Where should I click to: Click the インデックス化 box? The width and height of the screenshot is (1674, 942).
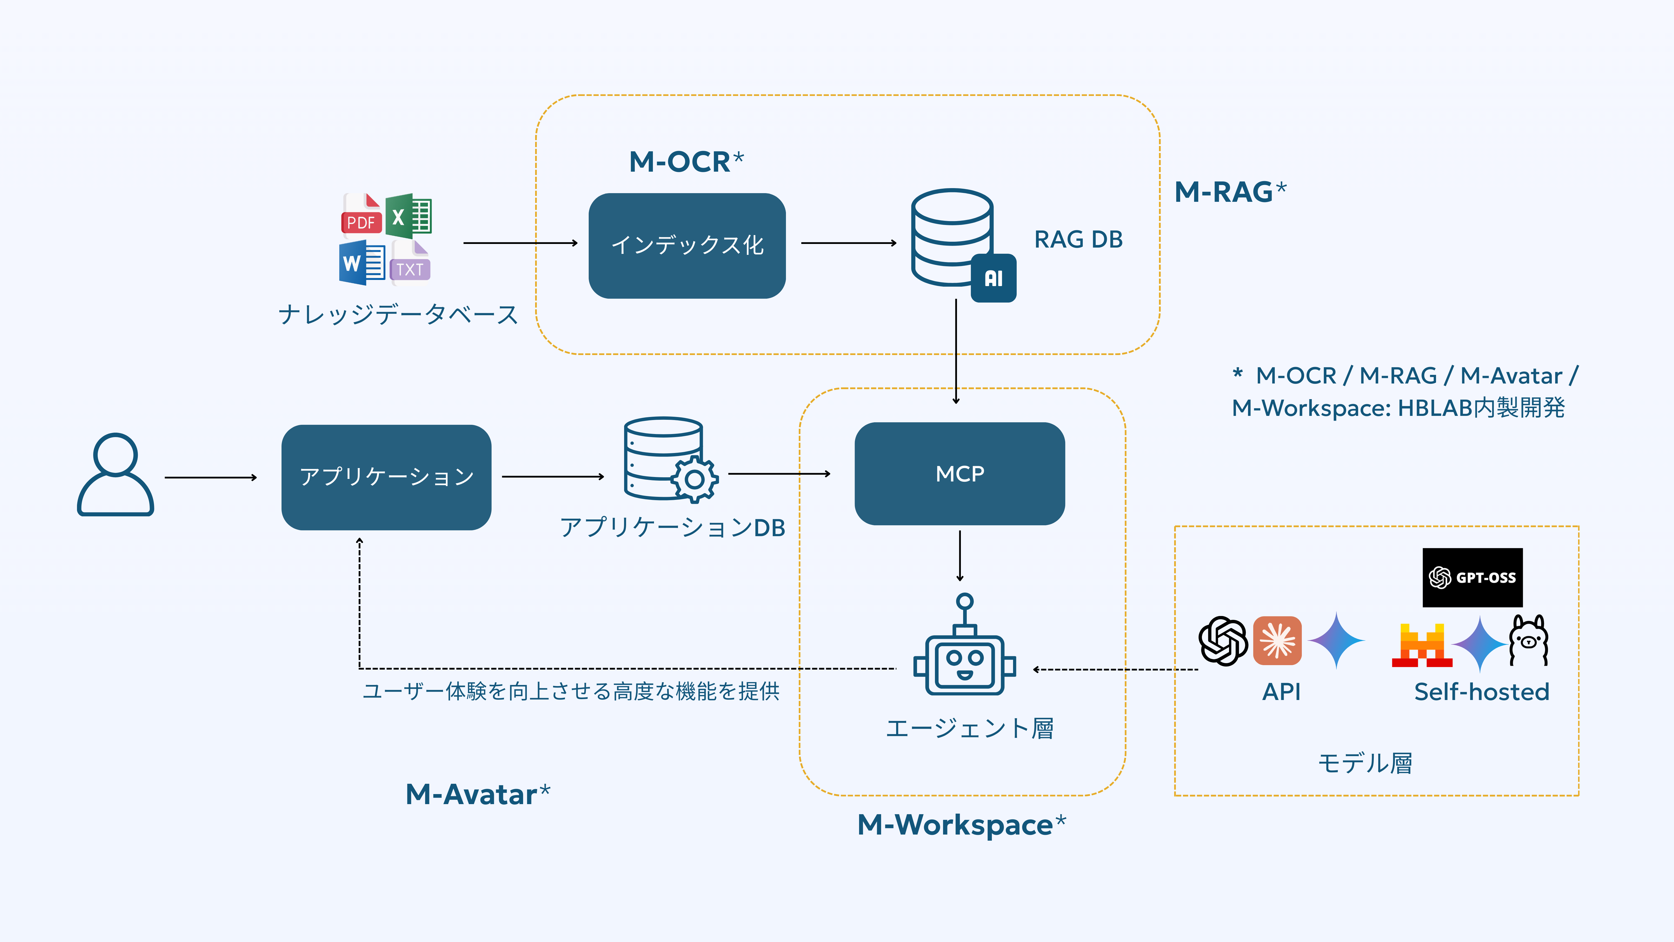pyautogui.click(x=687, y=246)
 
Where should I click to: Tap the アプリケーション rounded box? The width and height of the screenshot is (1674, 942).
pyautogui.click(x=386, y=477)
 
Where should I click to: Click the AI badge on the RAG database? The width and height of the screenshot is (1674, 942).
pyautogui.click(x=993, y=278)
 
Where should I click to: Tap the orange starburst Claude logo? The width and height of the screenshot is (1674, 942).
pyautogui.click(x=1277, y=640)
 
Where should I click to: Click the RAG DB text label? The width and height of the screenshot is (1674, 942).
pyautogui.click(x=1078, y=239)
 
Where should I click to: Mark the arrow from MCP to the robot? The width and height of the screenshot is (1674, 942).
pyautogui.click(x=960, y=556)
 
